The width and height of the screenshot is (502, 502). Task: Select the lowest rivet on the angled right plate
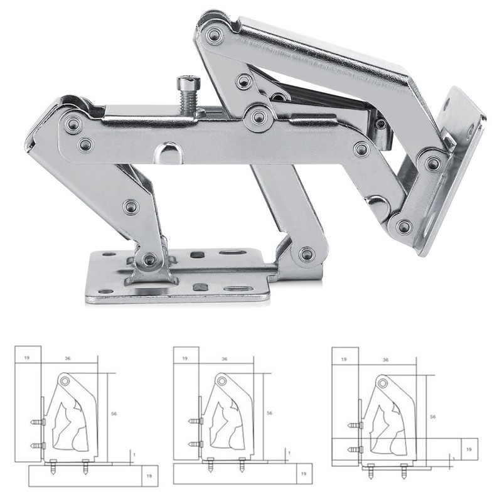(x=403, y=227)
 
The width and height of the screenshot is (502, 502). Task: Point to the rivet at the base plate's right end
(x=306, y=254)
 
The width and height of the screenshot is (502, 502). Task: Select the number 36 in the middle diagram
(x=224, y=359)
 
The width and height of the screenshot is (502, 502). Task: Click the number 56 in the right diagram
(x=433, y=416)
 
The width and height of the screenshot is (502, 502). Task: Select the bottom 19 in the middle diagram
(x=302, y=474)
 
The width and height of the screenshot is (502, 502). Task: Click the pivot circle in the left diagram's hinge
(x=65, y=381)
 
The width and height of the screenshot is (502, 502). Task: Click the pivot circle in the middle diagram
(x=221, y=381)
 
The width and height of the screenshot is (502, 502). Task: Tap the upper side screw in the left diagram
(x=38, y=422)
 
